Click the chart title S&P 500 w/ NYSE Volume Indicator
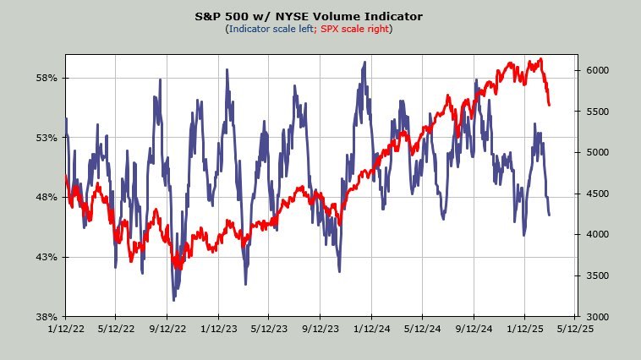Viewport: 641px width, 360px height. [320, 16]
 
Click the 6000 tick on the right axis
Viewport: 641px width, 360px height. [594, 70]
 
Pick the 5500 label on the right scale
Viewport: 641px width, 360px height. [594, 112]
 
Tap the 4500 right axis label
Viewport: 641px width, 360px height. [594, 194]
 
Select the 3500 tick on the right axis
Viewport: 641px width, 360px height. [594, 275]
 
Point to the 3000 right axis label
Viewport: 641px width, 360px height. [594, 317]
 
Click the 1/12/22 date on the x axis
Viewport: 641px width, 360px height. [65, 330]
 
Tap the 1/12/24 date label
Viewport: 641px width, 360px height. [372, 330]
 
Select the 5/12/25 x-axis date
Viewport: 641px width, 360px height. [577, 330]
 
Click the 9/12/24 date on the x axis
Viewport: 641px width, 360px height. [474, 330]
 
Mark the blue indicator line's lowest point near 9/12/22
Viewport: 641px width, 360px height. [173, 300]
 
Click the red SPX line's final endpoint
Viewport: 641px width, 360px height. [550, 105]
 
